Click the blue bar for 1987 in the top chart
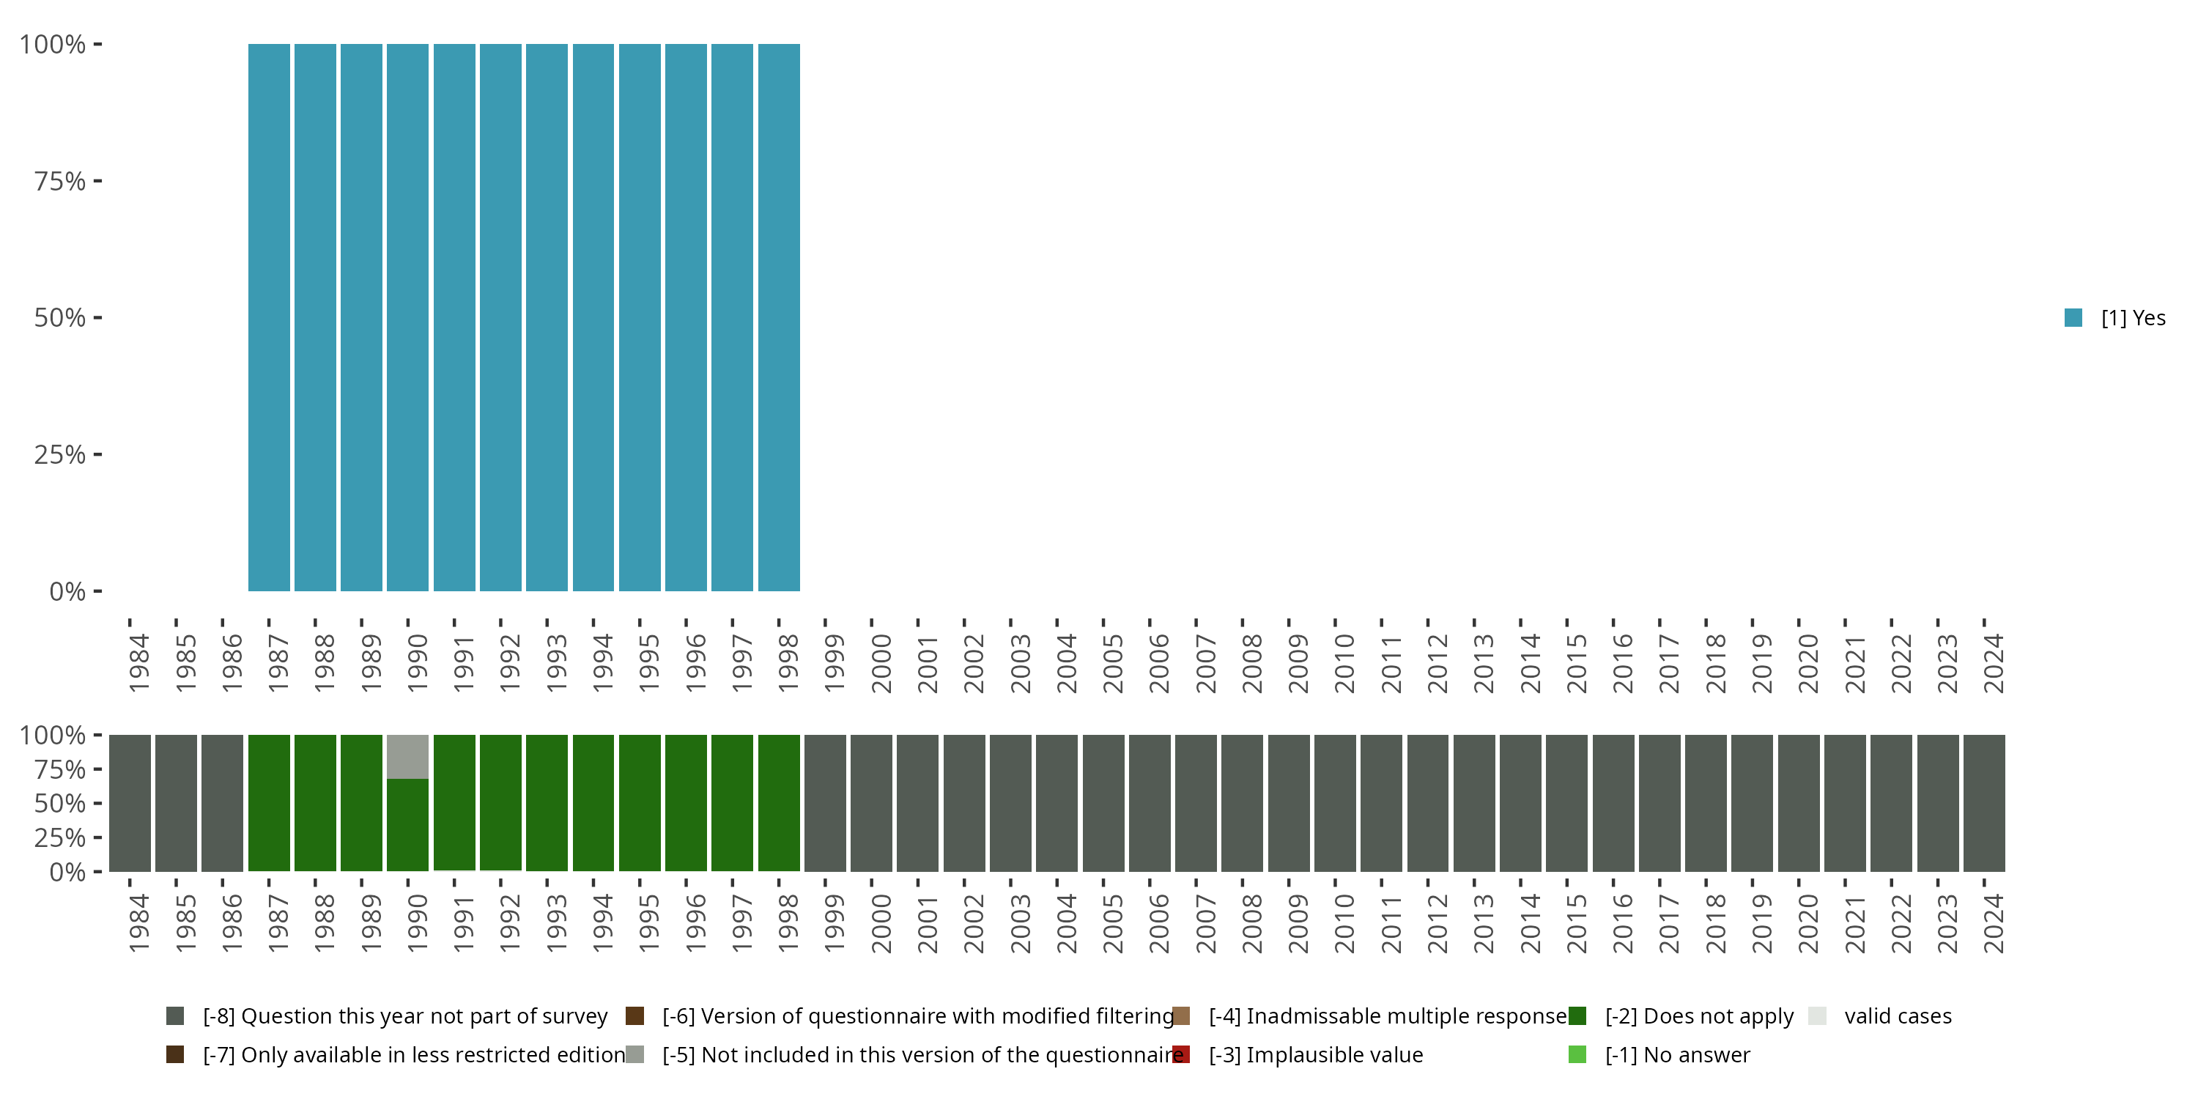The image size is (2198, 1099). [x=269, y=317]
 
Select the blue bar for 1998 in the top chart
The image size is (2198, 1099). [x=778, y=317]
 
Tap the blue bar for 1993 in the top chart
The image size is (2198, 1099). [x=547, y=317]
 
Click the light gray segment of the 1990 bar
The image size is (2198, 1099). [x=407, y=757]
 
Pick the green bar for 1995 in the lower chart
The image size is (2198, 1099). [x=639, y=803]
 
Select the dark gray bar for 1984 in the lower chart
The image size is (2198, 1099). [x=130, y=803]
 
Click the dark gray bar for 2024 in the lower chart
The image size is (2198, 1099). [x=1984, y=803]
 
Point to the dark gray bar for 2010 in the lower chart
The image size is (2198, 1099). [x=1334, y=803]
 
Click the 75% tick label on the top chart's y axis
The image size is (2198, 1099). [x=60, y=182]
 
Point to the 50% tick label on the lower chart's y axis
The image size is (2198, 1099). [x=60, y=804]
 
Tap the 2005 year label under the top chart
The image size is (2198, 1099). [x=1113, y=663]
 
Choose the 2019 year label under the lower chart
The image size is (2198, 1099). [x=1762, y=923]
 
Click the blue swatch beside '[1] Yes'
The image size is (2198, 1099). [x=2073, y=318]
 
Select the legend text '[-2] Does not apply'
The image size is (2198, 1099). [x=1699, y=1016]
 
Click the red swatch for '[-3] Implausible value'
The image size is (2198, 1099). [x=1181, y=1054]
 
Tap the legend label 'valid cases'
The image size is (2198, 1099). [x=1898, y=1016]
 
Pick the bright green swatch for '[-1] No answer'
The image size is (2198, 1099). [x=1577, y=1054]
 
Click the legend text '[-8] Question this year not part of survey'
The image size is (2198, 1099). [x=405, y=1016]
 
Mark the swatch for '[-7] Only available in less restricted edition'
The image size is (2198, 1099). [x=175, y=1054]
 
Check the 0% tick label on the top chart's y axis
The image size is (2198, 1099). [x=67, y=591]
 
